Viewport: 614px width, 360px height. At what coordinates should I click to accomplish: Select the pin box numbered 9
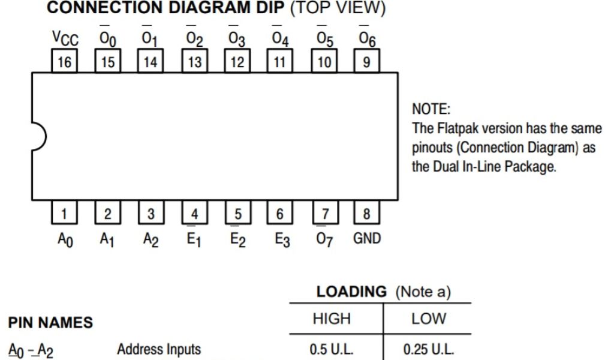tap(366, 62)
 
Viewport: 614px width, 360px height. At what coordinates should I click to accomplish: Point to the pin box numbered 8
tap(366, 213)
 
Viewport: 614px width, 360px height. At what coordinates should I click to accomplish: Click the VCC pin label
tap(65, 40)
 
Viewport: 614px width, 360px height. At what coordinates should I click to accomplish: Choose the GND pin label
tap(366, 238)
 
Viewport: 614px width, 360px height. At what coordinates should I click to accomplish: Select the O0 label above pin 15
tap(107, 40)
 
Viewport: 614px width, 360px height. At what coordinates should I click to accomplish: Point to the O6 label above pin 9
tap(366, 40)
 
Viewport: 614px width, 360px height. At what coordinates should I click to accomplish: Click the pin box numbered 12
tap(237, 62)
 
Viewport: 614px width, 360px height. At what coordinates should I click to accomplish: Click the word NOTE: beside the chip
tap(431, 110)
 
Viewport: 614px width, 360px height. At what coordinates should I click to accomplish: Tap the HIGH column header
tap(332, 319)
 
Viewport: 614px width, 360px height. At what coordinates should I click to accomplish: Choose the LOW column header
tap(427, 319)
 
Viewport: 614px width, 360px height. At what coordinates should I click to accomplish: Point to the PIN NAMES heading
tap(50, 323)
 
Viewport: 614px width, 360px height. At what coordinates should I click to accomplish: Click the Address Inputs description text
tap(159, 349)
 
